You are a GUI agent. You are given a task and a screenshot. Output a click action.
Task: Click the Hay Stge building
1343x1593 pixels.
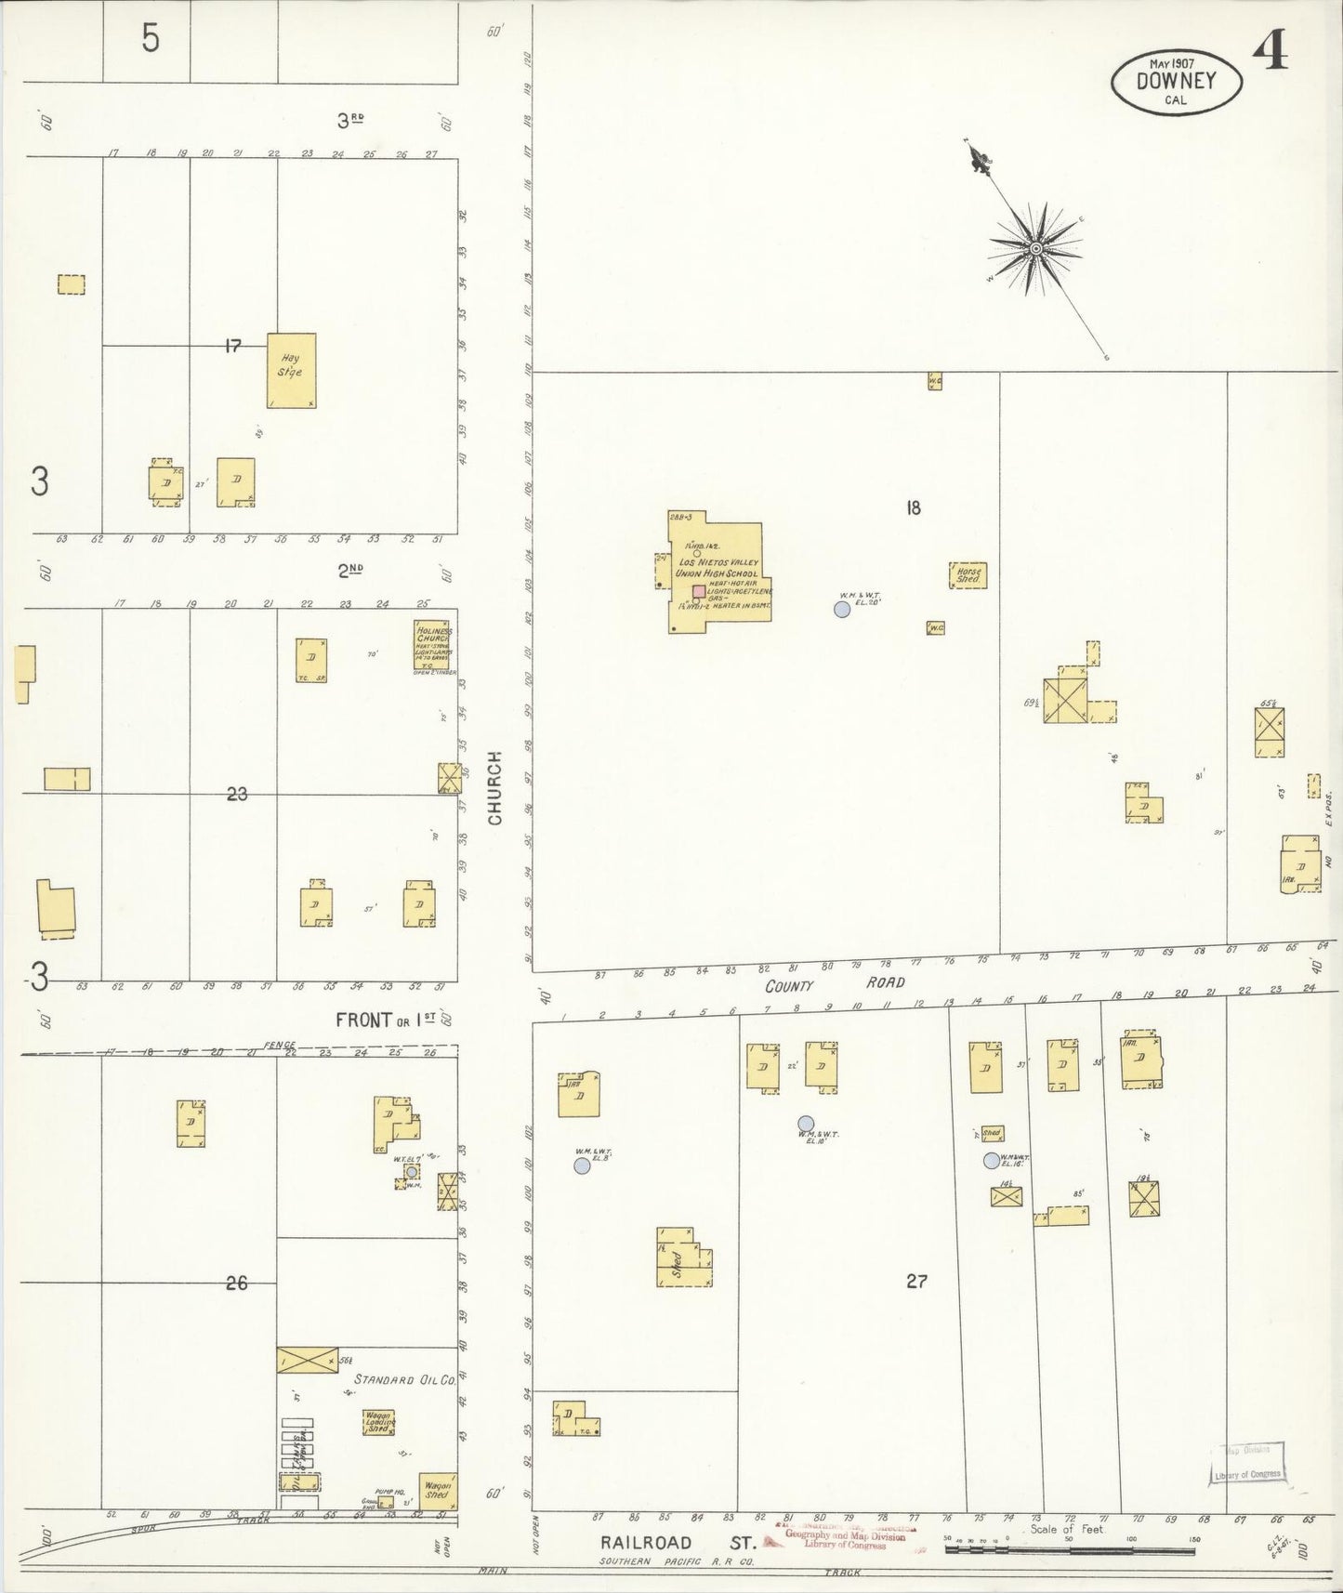point(291,370)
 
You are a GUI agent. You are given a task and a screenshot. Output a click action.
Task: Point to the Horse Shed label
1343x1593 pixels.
point(968,575)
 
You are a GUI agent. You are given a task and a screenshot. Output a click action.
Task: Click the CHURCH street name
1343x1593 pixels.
point(494,787)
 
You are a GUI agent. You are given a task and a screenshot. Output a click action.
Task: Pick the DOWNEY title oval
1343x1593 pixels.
point(1176,81)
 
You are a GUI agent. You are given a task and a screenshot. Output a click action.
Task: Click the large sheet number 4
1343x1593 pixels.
point(1270,54)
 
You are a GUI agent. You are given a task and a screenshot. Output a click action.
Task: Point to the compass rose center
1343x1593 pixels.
point(1034,248)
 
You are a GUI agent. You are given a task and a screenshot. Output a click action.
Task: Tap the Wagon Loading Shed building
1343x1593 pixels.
point(378,1423)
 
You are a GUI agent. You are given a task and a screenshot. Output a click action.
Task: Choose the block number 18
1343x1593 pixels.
point(913,507)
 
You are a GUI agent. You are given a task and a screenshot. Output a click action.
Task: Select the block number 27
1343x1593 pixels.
point(916,1282)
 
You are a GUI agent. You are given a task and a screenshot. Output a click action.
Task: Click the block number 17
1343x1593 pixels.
point(232,346)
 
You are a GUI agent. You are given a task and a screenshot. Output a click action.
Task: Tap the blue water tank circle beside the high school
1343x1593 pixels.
point(842,610)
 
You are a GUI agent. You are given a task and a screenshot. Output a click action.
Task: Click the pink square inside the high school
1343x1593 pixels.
point(698,591)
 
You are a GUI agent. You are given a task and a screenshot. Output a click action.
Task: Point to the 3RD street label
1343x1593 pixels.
point(349,120)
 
